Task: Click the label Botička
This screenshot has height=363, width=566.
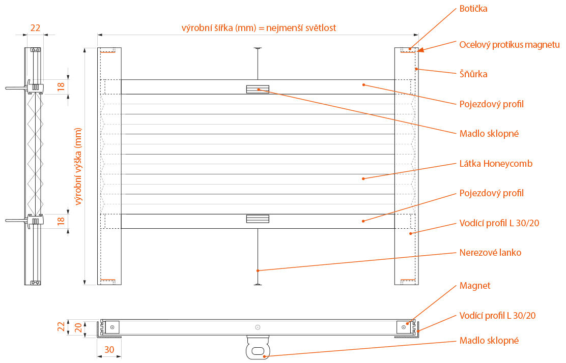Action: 473,9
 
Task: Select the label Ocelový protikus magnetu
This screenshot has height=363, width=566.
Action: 509,45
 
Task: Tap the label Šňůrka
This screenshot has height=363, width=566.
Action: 473,74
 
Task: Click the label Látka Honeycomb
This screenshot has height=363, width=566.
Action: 496,164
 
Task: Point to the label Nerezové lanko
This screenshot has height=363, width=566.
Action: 490,252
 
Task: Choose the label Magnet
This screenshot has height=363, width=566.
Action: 475,286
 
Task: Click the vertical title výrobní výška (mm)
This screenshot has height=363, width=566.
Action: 79,166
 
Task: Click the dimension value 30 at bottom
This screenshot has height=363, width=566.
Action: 109,349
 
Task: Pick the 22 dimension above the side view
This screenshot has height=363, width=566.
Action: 35,28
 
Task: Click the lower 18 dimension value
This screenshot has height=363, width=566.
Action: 61,221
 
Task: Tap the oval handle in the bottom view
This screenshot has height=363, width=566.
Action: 258,350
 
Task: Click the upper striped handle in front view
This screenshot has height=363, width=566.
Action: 257,89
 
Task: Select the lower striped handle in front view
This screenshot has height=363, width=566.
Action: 257,219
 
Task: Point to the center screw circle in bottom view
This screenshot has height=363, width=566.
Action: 258,327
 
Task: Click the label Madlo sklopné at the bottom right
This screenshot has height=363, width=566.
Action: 489,341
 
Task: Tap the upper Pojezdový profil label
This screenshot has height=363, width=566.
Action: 491,104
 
